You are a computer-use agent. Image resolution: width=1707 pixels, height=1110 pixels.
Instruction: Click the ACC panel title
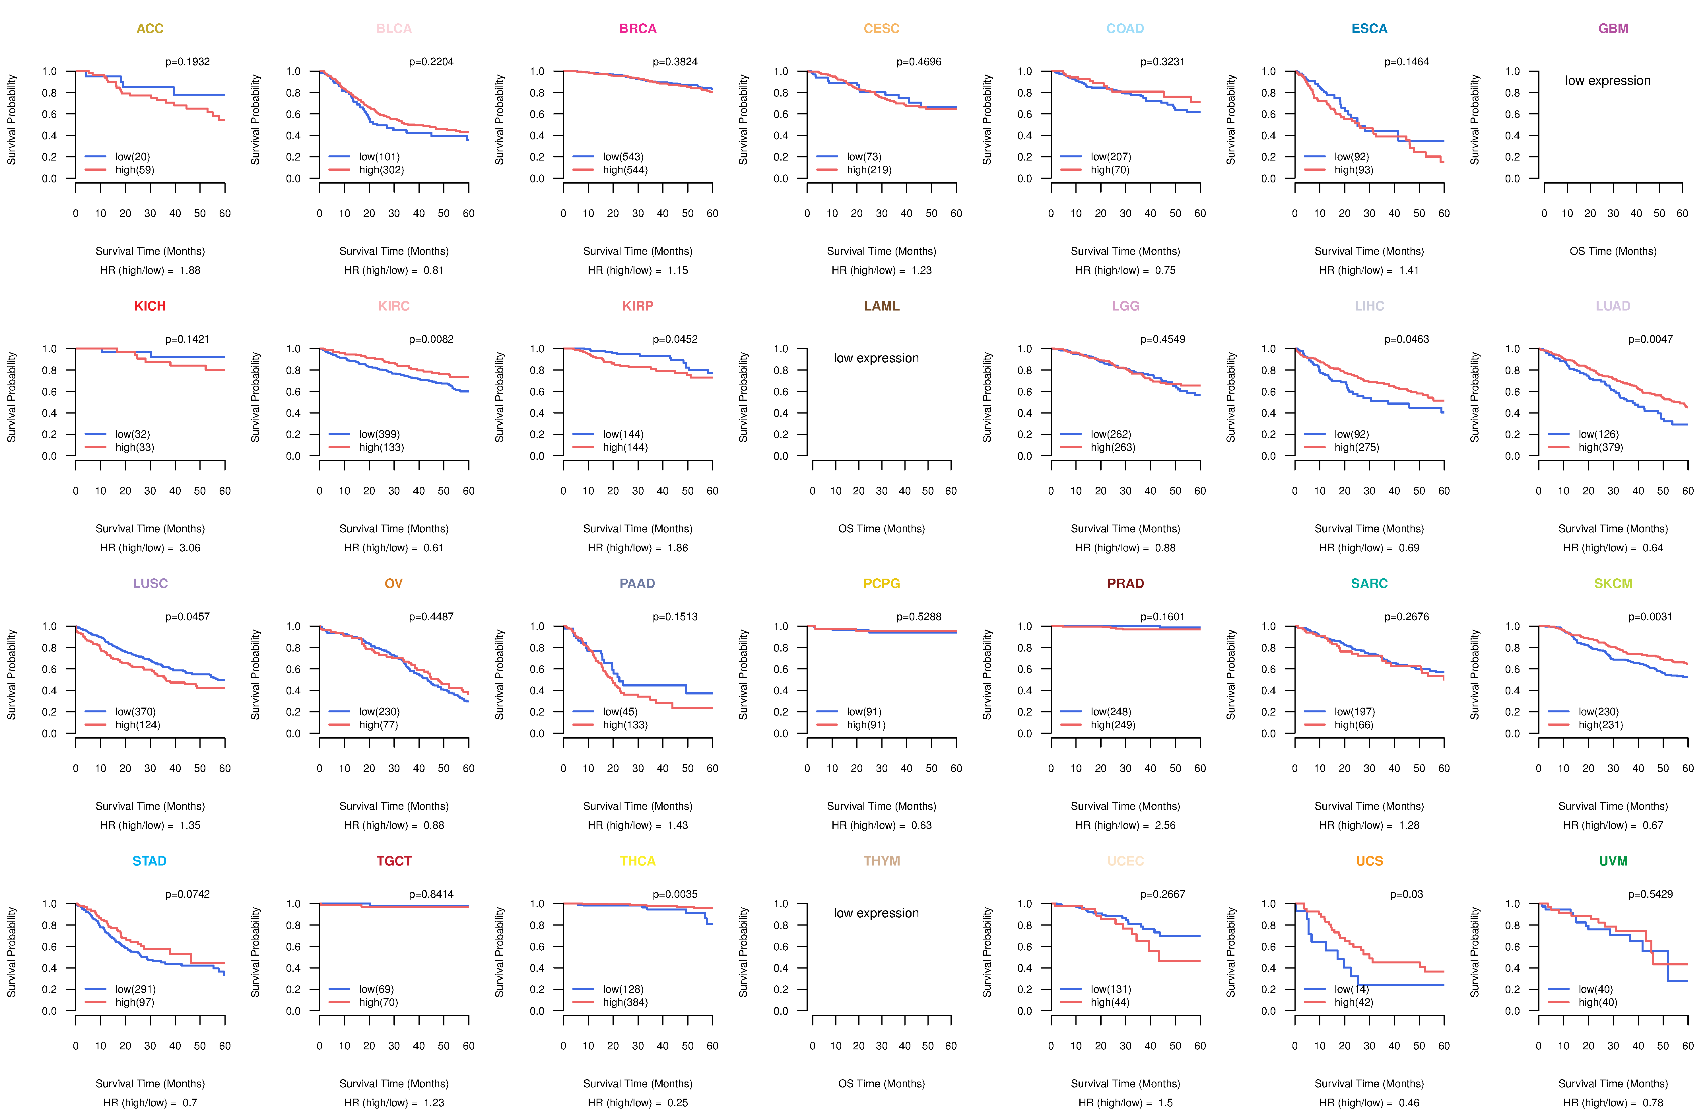click(150, 29)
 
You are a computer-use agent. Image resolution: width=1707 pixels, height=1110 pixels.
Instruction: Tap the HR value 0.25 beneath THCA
click(678, 1103)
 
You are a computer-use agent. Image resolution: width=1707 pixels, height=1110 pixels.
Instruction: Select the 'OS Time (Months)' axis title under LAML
click(881, 529)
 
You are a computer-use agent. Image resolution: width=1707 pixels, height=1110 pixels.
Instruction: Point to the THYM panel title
click(881, 861)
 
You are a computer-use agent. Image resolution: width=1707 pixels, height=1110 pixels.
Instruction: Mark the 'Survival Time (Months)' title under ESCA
click(1369, 251)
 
